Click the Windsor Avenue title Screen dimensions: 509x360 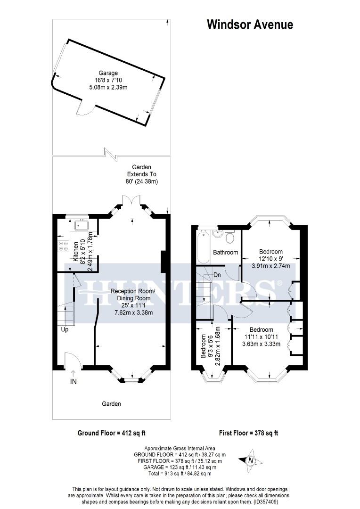250,25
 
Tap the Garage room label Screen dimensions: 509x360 108,73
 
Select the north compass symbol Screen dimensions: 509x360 251,460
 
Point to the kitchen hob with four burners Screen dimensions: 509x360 62,246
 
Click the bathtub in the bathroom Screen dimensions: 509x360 204,247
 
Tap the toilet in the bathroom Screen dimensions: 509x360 230,237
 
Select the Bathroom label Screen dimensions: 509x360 225,253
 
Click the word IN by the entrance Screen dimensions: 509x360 74,382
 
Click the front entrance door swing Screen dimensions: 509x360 74,361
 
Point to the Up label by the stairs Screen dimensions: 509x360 65,329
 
